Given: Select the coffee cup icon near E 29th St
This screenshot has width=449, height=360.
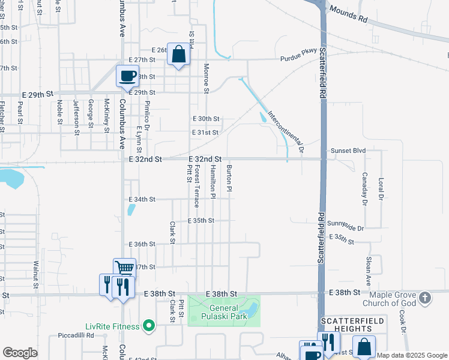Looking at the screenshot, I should pyautogui.click(x=127, y=76).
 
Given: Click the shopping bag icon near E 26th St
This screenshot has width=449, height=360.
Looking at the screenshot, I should pyautogui.click(x=179, y=55).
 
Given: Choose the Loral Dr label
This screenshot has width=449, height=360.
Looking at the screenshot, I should pyautogui.click(x=381, y=188).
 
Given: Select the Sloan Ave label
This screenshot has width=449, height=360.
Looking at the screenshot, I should pyautogui.click(x=367, y=271).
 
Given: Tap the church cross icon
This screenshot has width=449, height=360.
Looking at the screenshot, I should pyautogui.click(x=424, y=298).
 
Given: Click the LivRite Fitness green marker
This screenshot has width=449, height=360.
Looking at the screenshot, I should pyautogui.click(x=148, y=326).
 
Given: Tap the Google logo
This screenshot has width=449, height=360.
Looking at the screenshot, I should pyautogui.click(x=20, y=352).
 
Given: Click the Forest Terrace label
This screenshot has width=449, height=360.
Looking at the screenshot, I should pyautogui.click(x=196, y=188).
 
